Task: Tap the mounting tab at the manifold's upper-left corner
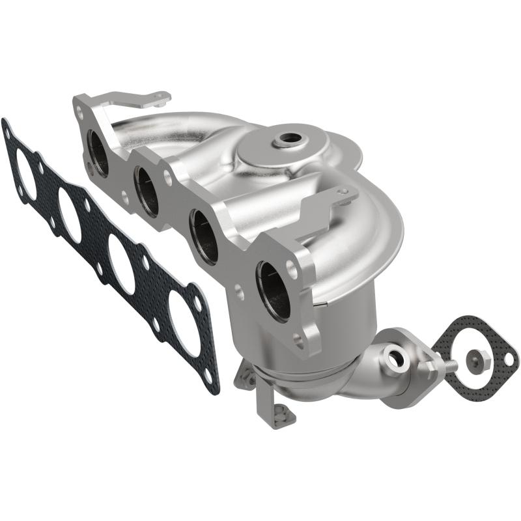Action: [x=156, y=99]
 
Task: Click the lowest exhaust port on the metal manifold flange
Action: [x=274, y=290]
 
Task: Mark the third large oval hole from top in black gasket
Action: [x=122, y=263]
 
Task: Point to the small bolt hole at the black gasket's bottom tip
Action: [x=208, y=376]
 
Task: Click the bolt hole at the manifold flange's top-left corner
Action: [x=80, y=111]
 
